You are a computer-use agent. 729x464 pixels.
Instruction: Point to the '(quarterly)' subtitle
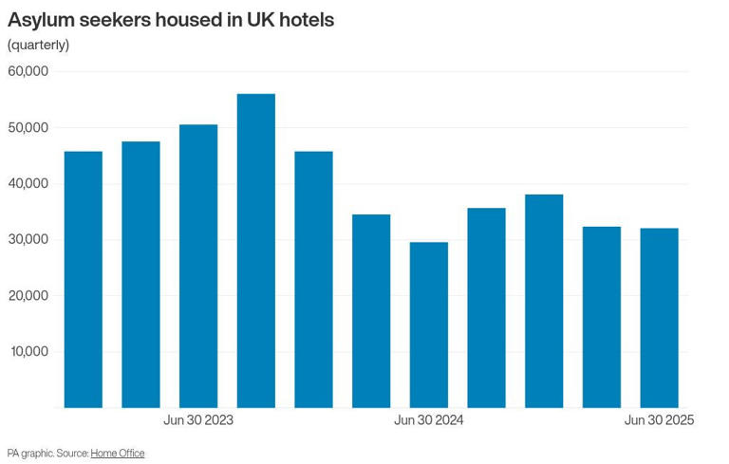coord(38,45)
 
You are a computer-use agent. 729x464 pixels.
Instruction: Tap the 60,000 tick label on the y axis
coord(28,71)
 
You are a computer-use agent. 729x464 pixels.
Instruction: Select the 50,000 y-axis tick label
coord(28,127)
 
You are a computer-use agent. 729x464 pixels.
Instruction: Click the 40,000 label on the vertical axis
coord(28,183)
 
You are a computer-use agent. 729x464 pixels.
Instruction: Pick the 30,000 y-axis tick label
coord(28,239)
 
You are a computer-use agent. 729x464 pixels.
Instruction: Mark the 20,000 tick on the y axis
coord(28,295)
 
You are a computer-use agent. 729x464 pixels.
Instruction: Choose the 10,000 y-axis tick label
coord(28,351)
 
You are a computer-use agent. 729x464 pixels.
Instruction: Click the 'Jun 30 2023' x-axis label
coord(198,420)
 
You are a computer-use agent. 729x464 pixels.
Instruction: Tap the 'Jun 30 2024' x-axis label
coord(429,420)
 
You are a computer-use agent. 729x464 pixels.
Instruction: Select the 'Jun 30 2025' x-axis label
coord(659,420)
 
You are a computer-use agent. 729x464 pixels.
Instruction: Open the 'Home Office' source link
coord(118,454)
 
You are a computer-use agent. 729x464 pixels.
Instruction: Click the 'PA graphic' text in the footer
coord(28,454)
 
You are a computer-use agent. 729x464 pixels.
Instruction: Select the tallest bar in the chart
coord(256,251)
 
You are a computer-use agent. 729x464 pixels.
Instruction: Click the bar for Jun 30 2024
coord(429,325)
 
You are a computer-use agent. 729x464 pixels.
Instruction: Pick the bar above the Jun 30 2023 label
coord(198,266)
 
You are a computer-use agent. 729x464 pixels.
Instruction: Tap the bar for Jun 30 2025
coord(659,318)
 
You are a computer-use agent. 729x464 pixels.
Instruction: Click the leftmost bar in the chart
coord(84,280)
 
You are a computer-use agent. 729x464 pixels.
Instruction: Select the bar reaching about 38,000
coord(544,301)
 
